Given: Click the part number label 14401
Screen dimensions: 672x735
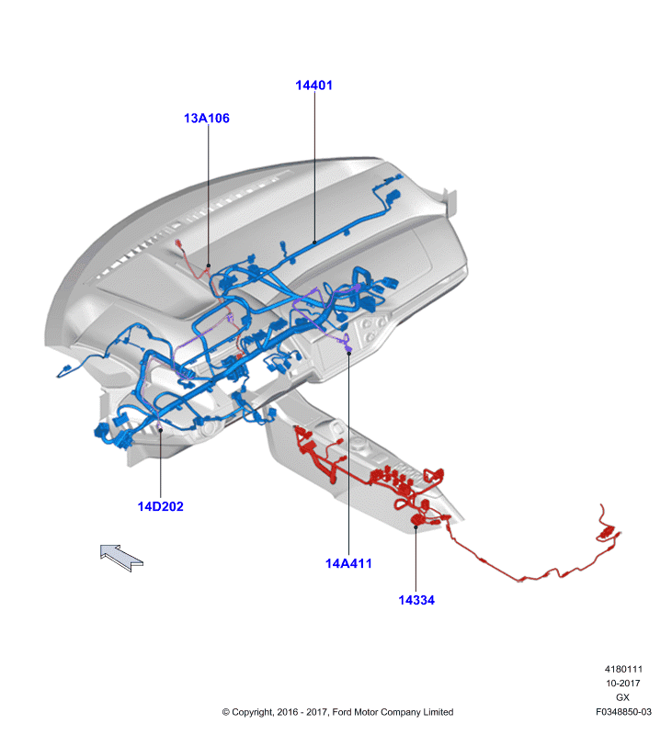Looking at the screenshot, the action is click(313, 85).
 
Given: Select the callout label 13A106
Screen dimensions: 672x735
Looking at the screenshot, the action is click(207, 119).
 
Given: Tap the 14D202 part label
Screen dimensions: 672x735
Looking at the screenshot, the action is click(160, 506).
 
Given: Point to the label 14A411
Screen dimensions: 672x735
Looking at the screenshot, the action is click(348, 563).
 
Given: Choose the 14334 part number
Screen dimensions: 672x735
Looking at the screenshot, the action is click(416, 600).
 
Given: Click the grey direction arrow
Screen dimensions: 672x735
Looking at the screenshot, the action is click(121, 558).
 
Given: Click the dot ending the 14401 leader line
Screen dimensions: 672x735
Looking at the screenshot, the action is click(314, 243).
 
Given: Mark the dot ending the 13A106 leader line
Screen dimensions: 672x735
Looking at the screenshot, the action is click(209, 266).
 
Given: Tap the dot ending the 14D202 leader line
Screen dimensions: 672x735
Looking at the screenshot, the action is click(160, 430).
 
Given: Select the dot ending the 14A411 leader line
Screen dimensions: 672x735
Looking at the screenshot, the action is click(349, 354).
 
